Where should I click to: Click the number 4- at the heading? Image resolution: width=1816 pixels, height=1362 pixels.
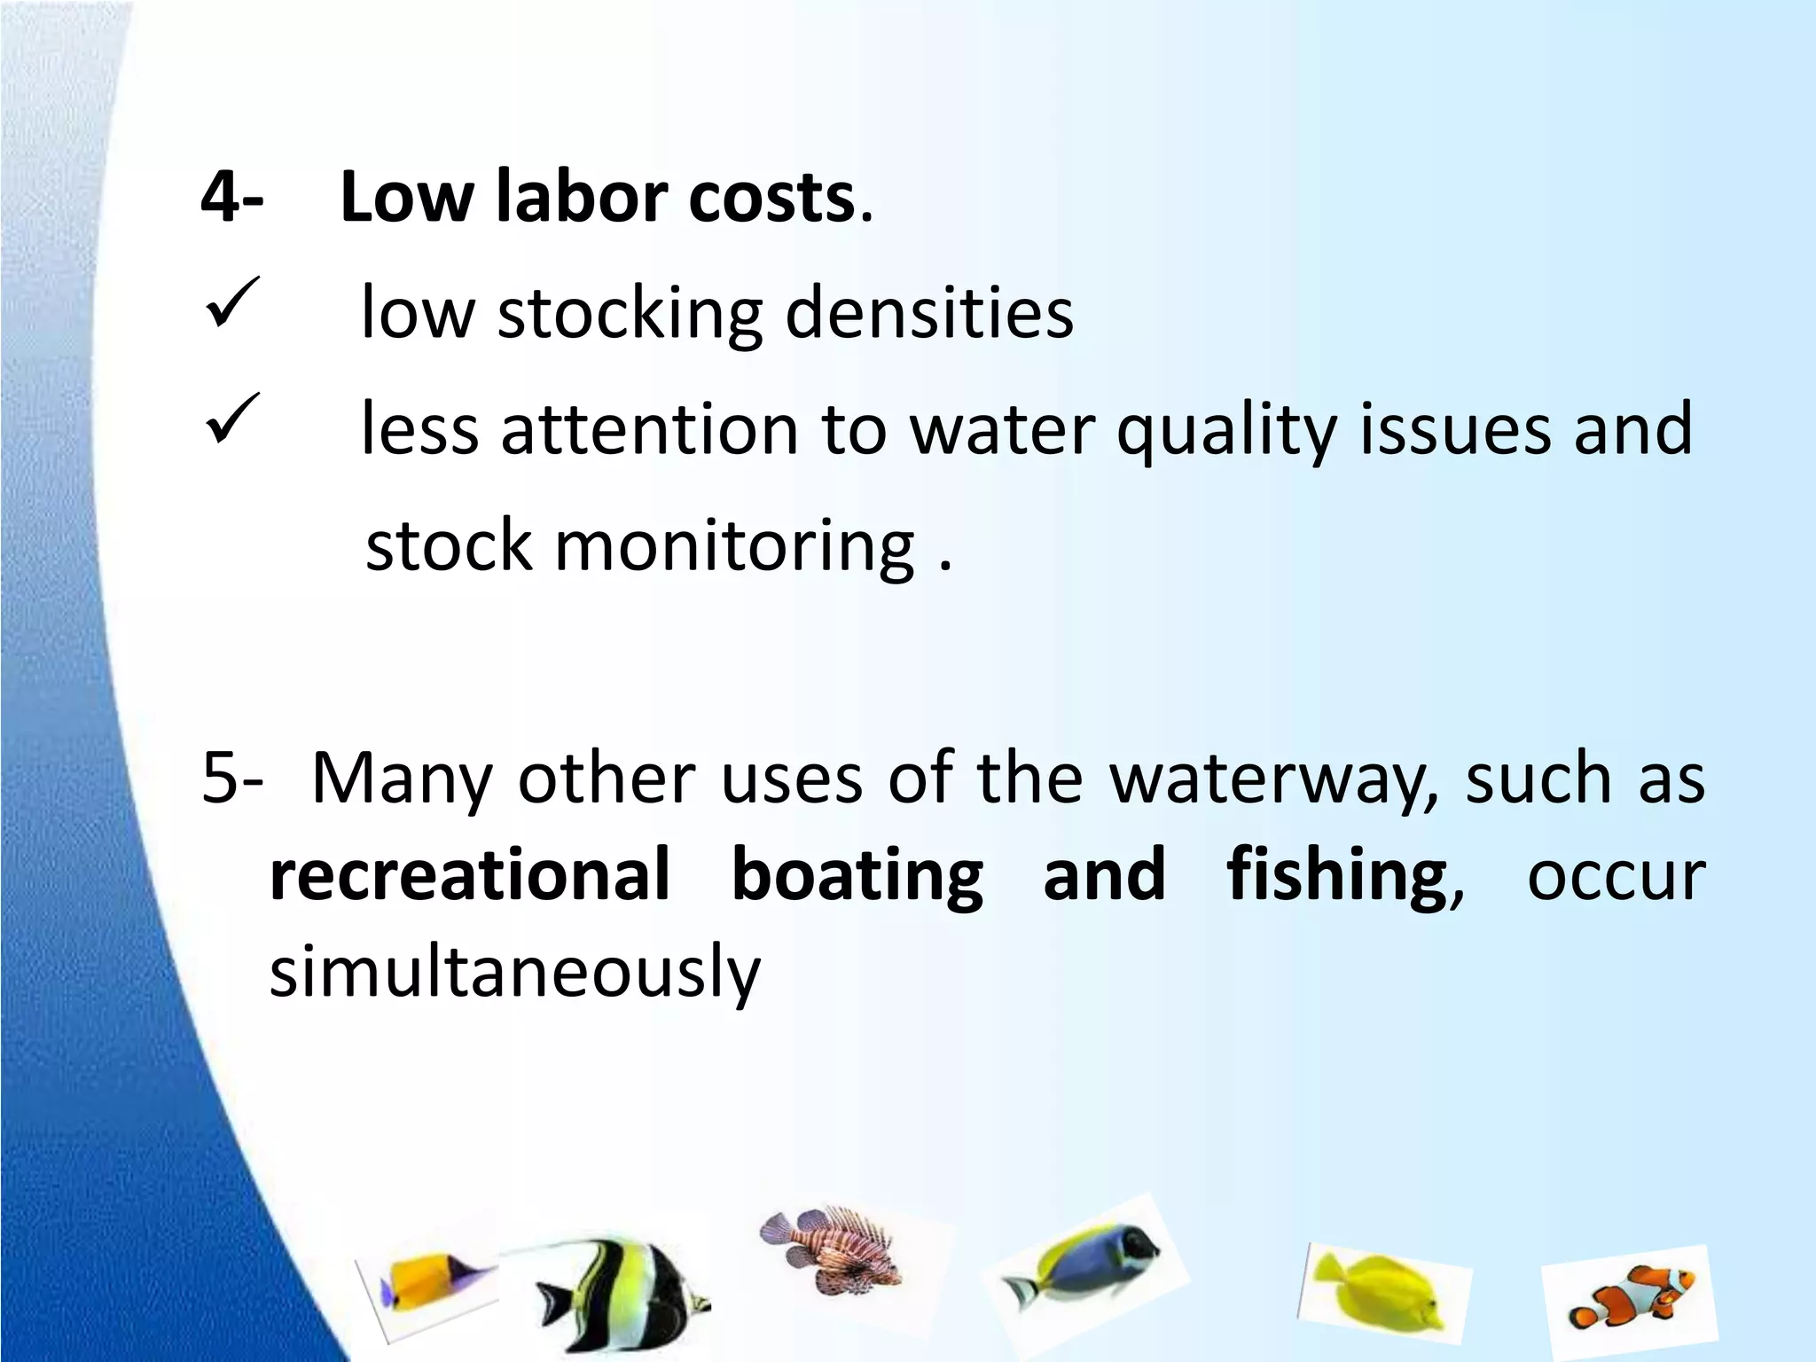click(x=231, y=197)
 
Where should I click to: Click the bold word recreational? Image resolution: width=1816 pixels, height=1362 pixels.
click(x=470, y=874)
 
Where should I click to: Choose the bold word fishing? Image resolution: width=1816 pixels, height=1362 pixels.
click(x=1337, y=876)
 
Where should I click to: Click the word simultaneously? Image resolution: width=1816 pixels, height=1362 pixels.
click(x=515, y=972)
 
